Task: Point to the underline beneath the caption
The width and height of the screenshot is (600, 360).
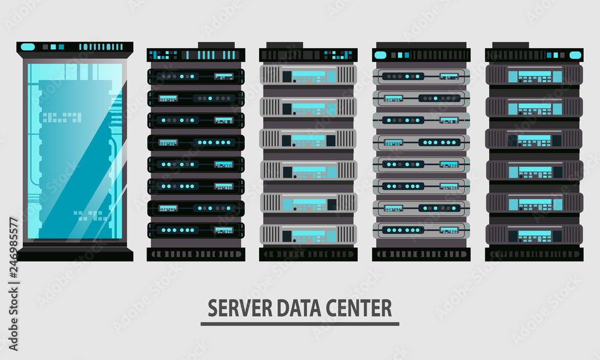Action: (x=299, y=324)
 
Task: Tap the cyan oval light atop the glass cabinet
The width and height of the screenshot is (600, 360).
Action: (x=28, y=46)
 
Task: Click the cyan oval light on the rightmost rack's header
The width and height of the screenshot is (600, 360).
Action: (x=575, y=55)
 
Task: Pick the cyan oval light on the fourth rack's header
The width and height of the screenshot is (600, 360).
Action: (x=380, y=55)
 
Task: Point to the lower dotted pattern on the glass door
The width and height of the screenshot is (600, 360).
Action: (x=90, y=215)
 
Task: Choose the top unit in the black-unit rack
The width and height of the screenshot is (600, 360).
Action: (x=196, y=76)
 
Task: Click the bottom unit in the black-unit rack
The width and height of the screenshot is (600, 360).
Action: (x=196, y=230)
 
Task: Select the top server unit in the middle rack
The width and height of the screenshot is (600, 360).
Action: (x=308, y=76)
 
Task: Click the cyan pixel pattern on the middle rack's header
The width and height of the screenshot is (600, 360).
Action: (x=338, y=55)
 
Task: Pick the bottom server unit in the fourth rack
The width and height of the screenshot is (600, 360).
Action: (x=421, y=230)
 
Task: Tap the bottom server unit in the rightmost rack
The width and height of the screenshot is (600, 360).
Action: (x=534, y=234)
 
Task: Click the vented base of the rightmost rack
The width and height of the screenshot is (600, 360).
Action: (x=534, y=254)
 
